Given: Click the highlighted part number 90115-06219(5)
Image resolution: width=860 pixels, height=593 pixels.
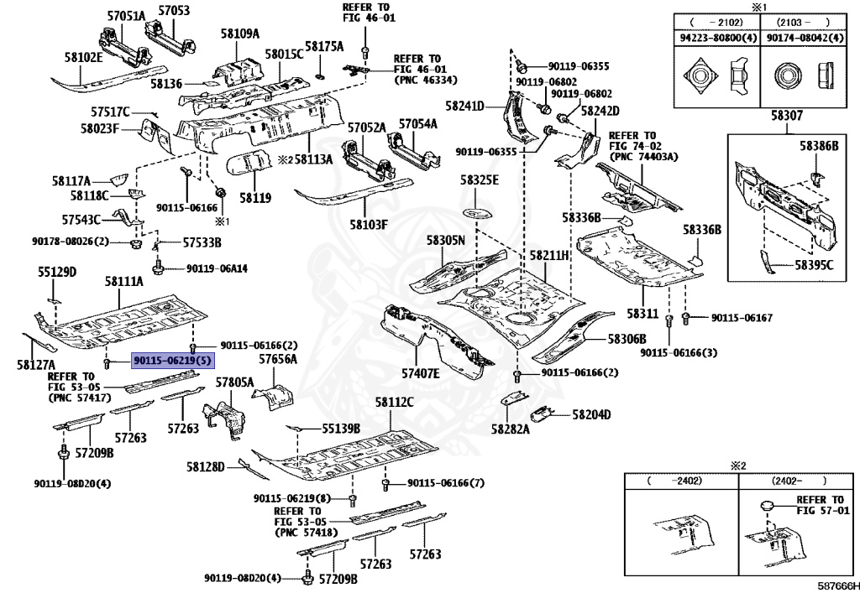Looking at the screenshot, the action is pyautogui.click(x=172, y=361).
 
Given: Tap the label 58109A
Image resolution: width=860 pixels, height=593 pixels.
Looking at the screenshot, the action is pyautogui.click(x=239, y=34).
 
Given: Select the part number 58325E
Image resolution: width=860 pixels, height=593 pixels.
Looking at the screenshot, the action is pyautogui.click(x=480, y=179).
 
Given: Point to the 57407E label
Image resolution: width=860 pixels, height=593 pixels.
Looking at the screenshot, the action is pyautogui.click(x=420, y=373).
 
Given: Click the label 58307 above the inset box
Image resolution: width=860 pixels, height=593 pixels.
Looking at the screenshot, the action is pyautogui.click(x=786, y=115).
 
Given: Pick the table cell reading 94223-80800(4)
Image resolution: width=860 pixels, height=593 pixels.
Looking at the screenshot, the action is pyautogui.click(x=717, y=38).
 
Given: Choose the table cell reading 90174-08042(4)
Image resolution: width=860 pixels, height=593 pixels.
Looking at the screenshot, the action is pyautogui.click(x=800, y=38).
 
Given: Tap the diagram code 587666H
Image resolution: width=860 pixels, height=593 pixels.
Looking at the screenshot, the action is pyautogui.click(x=839, y=585).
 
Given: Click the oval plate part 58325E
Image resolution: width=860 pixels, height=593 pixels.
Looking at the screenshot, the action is pyautogui.click(x=477, y=212).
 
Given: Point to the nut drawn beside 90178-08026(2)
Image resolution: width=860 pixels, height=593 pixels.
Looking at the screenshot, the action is pyautogui.click(x=135, y=242).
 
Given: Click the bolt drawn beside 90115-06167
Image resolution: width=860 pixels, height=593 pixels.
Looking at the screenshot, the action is pyautogui.click(x=685, y=318).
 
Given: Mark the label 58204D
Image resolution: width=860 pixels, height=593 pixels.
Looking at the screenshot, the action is pyautogui.click(x=591, y=414).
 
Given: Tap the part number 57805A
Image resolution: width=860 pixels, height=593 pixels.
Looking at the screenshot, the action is pyautogui.click(x=234, y=382).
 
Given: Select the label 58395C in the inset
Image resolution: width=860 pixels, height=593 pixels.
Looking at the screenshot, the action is pyautogui.click(x=814, y=265).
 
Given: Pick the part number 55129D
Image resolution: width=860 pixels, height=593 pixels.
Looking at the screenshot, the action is pyautogui.click(x=57, y=272).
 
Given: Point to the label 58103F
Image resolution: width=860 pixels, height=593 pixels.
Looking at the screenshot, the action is pyautogui.click(x=370, y=224).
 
